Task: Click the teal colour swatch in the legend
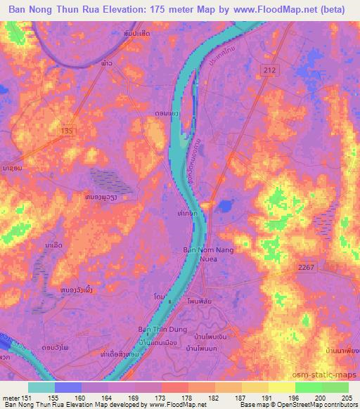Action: [41, 387]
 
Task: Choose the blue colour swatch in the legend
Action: [68, 387]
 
